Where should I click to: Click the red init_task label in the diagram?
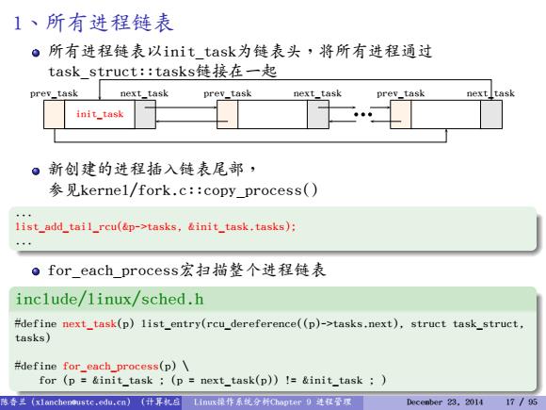pyautogui.click(x=100, y=114)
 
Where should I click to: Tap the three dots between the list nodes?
pyautogui.click(x=362, y=114)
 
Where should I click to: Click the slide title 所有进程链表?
pyautogui.click(x=109, y=23)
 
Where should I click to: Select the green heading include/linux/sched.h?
pyautogui.click(x=109, y=300)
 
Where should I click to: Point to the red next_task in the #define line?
pyautogui.click(x=89, y=324)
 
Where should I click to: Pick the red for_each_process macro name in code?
pyautogui.click(x=111, y=367)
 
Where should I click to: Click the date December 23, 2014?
pyautogui.click(x=444, y=402)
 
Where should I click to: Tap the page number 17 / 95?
pyautogui.click(x=522, y=402)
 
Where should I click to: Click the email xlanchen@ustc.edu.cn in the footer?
pyautogui.click(x=81, y=402)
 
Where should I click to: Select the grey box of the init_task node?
pyautogui.click(x=145, y=114)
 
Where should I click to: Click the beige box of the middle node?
pyautogui.click(x=228, y=114)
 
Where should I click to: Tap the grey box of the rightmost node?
pyautogui.click(x=491, y=114)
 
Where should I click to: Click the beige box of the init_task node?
pyautogui.click(x=54, y=114)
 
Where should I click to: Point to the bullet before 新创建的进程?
pyautogui.click(x=36, y=172)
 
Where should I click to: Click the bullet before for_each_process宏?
pyautogui.click(x=36, y=271)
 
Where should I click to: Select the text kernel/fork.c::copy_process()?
pyautogui.click(x=199, y=190)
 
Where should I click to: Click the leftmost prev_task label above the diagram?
pyautogui.click(x=54, y=94)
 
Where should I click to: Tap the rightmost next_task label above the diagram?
pyautogui.click(x=490, y=94)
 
